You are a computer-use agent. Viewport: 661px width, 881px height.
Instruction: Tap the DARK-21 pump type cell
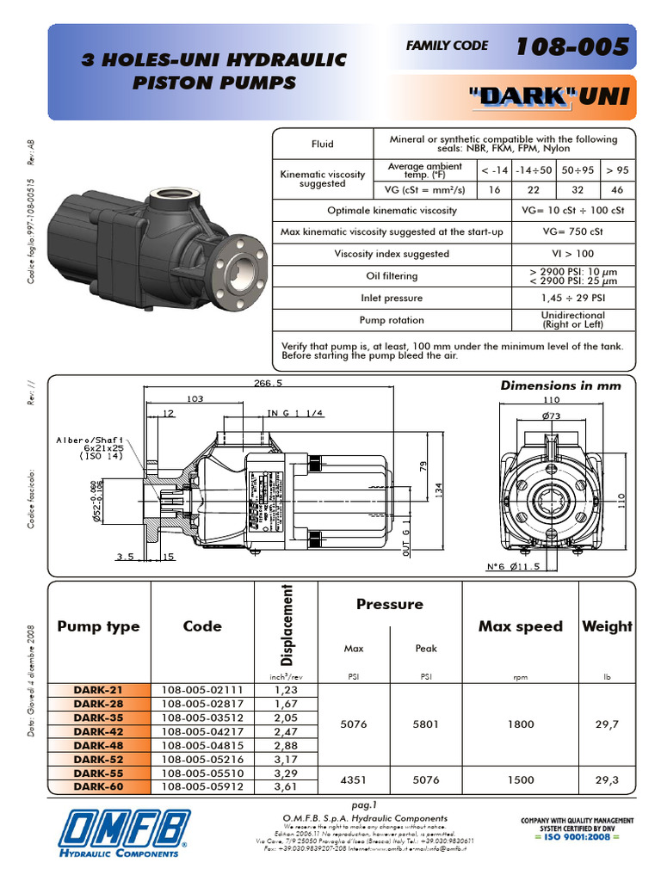point(98,690)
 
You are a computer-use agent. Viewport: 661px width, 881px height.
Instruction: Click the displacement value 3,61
point(286,786)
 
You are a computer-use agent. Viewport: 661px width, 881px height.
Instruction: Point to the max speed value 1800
point(520,724)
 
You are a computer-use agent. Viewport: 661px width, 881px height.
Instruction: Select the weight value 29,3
point(607,779)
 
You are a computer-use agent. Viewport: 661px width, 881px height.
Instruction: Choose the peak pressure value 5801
point(425,724)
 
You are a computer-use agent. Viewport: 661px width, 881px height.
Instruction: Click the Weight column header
point(607,626)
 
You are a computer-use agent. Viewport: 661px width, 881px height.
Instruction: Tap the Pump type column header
point(98,626)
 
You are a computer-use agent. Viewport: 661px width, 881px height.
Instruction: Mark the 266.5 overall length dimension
point(268,384)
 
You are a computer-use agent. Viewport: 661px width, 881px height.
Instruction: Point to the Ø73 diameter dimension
point(551,416)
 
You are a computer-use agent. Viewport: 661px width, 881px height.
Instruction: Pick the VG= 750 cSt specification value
point(571,232)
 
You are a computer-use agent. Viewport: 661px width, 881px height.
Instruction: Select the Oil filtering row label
point(391,276)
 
